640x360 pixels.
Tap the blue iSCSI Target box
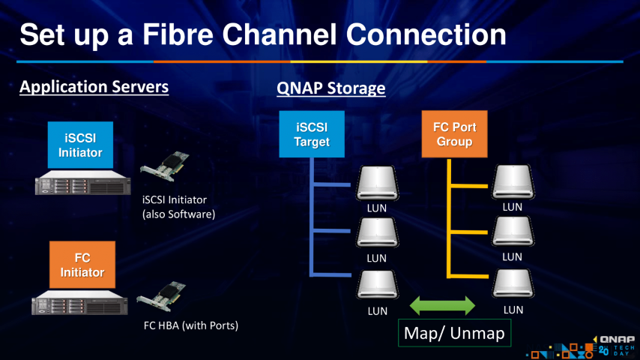(312, 134)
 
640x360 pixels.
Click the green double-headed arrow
(443, 305)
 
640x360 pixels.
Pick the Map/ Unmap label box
(453, 332)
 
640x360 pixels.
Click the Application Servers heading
(94, 87)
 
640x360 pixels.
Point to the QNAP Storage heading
(330, 88)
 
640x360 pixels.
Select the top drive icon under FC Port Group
(512, 182)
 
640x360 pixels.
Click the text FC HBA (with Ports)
(190, 326)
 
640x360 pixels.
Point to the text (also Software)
(178, 214)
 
